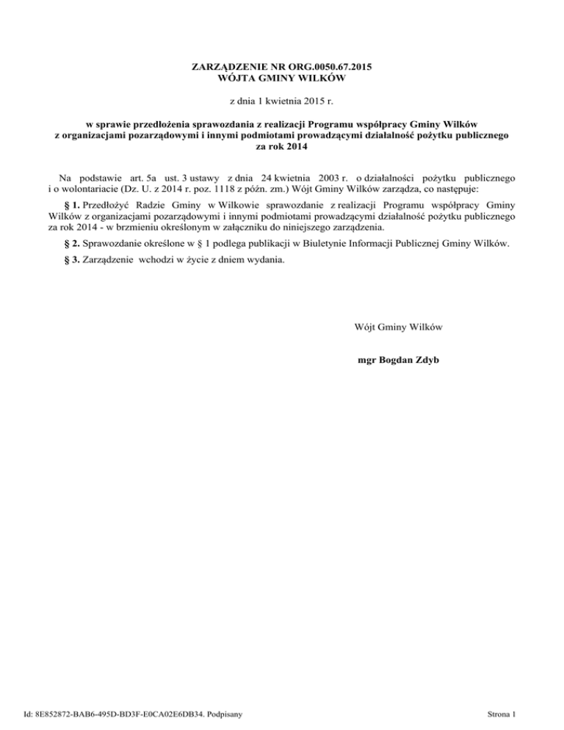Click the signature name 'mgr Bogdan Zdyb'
[397, 361]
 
